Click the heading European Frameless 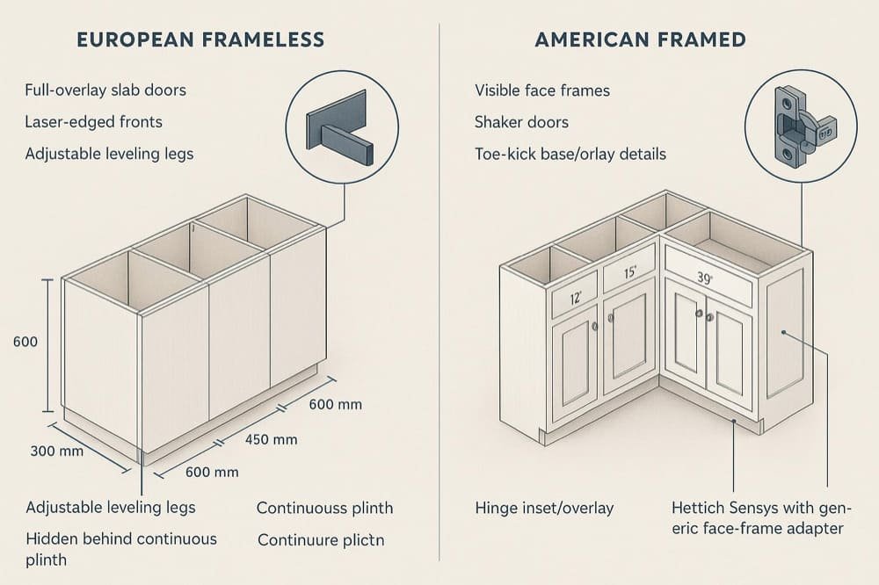coord(200,40)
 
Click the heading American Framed coord(640,40)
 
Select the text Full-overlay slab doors coord(105,90)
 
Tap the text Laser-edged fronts coord(94,122)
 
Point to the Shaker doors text coord(521,122)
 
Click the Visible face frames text coord(542,90)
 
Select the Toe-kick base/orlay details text coord(570,154)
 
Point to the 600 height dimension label coord(25,342)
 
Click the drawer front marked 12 coord(574,296)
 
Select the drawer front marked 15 coord(628,271)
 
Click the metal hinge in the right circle coord(799,129)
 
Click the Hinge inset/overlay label coord(544,508)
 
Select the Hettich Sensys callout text coord(757,517)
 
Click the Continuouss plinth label coord(324,508)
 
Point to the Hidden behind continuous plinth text coord(120,548)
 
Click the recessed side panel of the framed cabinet coord(784,333)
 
